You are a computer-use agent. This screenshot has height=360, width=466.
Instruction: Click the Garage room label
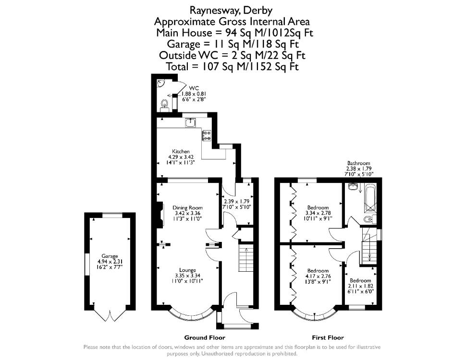[110, 256]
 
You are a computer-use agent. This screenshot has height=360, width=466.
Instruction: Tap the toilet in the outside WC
[164, 105]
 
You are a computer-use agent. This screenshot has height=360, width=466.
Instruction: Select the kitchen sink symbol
[190, 122]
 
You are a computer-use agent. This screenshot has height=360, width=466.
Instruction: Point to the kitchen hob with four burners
[207, 136]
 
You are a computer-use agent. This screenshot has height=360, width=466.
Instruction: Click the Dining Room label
[187, 208]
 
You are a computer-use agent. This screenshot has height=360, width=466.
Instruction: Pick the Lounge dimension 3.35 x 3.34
[187, 276]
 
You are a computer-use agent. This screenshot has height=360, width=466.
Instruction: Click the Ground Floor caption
[205, 337]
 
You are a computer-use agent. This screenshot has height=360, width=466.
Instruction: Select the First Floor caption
[328, 337]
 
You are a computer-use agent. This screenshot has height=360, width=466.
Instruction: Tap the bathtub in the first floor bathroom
[370, 198]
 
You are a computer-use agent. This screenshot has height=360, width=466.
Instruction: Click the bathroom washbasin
[354, 187]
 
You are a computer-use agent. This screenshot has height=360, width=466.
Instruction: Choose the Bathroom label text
[359, 163]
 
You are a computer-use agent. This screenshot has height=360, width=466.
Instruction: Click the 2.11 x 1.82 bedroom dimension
[360, 286]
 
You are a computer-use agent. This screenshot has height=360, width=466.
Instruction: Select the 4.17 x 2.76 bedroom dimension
[318, 276]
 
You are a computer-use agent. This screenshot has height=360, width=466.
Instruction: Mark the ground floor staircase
[246, 258]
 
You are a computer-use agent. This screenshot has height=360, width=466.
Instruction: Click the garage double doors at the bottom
[110, 315]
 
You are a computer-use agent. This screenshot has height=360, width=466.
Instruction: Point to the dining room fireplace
[159, 215]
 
